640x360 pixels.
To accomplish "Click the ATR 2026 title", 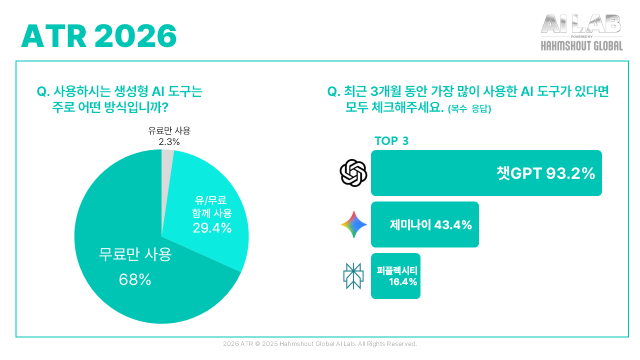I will click(99, 36).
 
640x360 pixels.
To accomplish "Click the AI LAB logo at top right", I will click(581, 24).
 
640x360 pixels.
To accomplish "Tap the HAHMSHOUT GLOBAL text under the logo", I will click(581, 46).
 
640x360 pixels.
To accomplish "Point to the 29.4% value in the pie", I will click(212, 228).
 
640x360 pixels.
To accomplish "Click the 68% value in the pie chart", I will click(135, 280).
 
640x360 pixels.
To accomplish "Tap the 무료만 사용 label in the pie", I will click(135, 255).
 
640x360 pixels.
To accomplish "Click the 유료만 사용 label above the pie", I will click(169, 131).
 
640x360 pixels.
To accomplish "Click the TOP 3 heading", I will click(391, 141).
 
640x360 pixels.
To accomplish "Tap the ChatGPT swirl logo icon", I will click(353, 173).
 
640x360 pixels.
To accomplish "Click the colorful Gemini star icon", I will click(354, 224).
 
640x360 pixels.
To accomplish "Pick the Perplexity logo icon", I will click(353, 276).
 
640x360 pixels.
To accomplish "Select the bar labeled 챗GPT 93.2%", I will click(486, 173).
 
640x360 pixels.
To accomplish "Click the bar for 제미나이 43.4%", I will click(424, 224).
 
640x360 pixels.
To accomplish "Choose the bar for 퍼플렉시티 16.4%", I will click(395, 276).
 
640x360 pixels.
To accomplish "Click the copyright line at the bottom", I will click(320, 344).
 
